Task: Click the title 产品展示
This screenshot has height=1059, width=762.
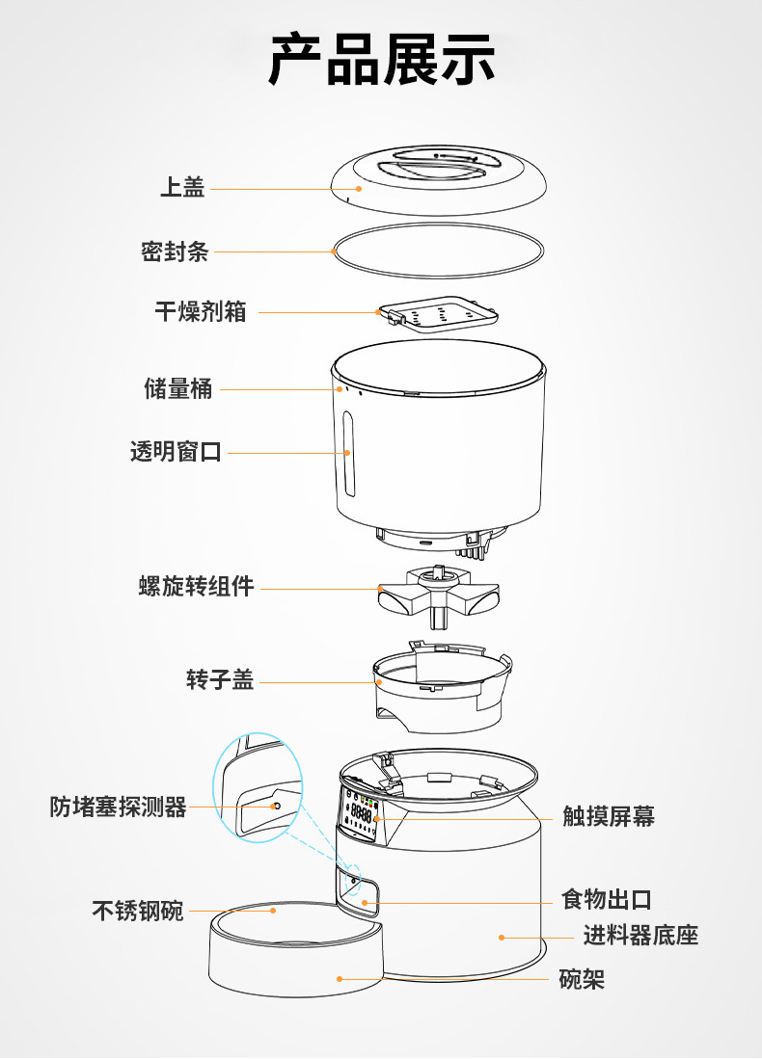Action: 381,60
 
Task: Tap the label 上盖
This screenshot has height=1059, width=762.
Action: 182,188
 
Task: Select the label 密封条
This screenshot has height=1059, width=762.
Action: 175,252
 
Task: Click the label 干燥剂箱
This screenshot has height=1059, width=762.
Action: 201,311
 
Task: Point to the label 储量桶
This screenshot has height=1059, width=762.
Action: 178,388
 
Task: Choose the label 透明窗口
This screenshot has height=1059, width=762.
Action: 176,451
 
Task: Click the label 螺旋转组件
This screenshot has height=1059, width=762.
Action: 196,586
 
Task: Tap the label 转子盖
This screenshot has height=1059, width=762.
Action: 220,680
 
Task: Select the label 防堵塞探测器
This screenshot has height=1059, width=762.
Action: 118,807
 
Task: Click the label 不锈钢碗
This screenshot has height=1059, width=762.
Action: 137,910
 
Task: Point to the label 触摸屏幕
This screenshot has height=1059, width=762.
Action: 609,817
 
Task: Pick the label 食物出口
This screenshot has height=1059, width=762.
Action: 607,900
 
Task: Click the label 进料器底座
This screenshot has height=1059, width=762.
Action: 640,935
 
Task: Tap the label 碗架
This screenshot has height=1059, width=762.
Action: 583,979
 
